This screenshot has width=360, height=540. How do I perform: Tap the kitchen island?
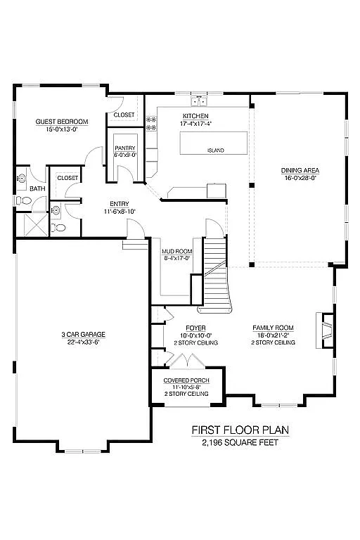[x=215, y=143]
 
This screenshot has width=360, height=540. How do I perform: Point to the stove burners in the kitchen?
[x=150, y=124]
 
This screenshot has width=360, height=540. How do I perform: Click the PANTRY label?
[x=124, y=148]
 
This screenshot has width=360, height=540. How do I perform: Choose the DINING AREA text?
[x=300, y=170]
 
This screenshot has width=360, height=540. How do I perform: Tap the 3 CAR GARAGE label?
[x=83, y=334]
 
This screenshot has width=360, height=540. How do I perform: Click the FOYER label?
[x=195, y=328]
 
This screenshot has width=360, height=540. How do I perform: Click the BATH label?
[x=37, y=188]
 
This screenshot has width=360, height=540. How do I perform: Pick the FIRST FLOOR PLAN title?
[x=240, y=430]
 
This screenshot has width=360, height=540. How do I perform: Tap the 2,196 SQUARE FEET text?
[x=240, y=442]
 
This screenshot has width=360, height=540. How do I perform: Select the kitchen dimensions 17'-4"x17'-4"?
[x=195, y=124]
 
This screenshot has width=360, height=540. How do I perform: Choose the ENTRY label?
[x=119, y=204]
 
